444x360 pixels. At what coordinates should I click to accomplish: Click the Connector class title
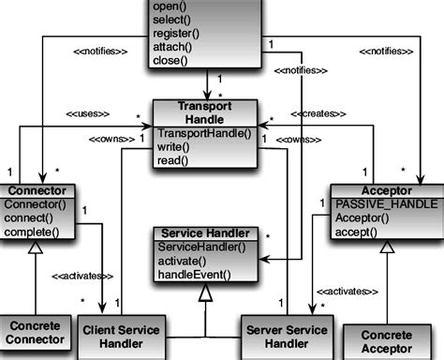(x=36, y=191)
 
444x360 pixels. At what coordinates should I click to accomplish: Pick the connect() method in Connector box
(x=33, y=217)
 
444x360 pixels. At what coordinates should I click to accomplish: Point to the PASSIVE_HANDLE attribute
(x=379, y=203)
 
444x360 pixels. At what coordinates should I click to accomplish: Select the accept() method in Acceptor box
(x=360, y=231)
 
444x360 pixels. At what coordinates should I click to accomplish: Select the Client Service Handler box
(x=122, y=337)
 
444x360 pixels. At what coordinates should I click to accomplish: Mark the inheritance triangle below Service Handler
(x=204, y=292)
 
